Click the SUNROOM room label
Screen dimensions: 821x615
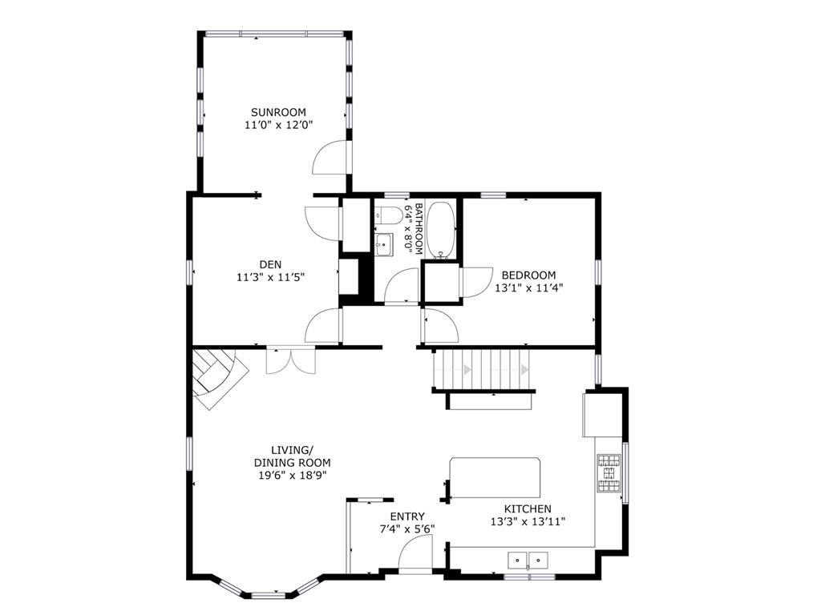(278, 112)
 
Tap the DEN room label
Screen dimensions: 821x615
(270, 264)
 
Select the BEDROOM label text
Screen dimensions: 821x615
(528, 275)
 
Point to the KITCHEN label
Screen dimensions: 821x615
(528, 508)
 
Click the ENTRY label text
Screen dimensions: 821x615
(406, 517)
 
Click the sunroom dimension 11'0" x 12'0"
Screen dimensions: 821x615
(278, 125)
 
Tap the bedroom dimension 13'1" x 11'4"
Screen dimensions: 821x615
(528, 287)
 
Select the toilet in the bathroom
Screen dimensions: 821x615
(387, 214)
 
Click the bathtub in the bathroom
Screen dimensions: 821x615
(441, 230)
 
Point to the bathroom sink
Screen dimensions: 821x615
(384, 245)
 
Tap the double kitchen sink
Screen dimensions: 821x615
(528, 560)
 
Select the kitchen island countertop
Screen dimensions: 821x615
(495, 478)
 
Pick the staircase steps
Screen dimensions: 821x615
(481, 369)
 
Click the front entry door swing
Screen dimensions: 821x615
(415, 554)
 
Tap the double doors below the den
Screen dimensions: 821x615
(290, 361)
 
